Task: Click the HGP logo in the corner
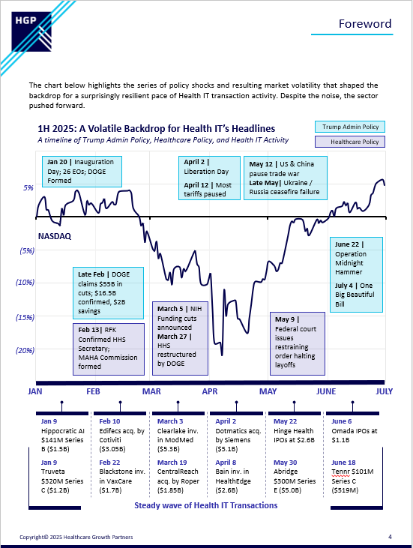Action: [x=31, y=31]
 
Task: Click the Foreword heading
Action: [x=365, y=24]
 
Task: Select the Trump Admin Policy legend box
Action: [x=350, y=127]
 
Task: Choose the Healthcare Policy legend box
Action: [x=350, y=142]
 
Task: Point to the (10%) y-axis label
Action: [x=25, y=283]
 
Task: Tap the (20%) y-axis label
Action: [x=25, y=350]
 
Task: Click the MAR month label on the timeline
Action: [x=151, y=391]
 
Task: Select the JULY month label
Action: [x=384, y=391]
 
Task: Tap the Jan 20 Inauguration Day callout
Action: [x=82, y=171]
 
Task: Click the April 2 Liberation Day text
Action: [x=207, y=166]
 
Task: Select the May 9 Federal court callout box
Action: [x=298, y=343]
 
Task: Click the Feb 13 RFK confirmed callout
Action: [x=109, y=349]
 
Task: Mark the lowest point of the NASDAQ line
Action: [x=222, y=355]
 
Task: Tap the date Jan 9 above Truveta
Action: [x=49, y=463]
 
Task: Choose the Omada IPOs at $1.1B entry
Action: [x=355, y=430]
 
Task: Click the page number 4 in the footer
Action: [x=390, y=537]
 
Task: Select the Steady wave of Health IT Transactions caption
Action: [x=206, y=505]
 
